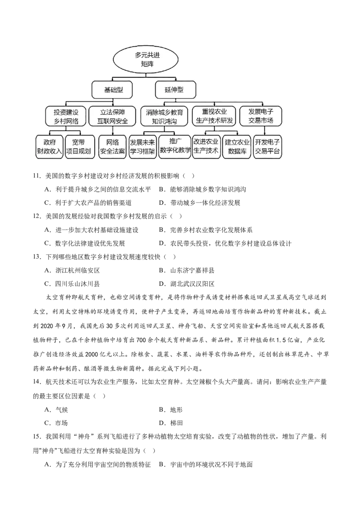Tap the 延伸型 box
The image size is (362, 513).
coord(175,90)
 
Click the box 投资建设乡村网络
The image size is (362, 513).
coord(66,116)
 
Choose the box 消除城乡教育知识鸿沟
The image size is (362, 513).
coord(164,116)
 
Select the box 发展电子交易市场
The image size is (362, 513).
coord(261,116)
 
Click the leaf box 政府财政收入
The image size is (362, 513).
coord(49,146)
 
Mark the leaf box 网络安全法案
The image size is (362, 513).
coord(112,146)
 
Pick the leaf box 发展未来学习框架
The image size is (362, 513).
coord(143,146)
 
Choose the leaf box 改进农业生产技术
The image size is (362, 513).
coord(206,146)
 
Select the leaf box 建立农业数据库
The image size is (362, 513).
coord(237,146)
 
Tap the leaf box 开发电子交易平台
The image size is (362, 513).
coord(267,146)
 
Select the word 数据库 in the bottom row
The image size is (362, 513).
coord(237,151)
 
